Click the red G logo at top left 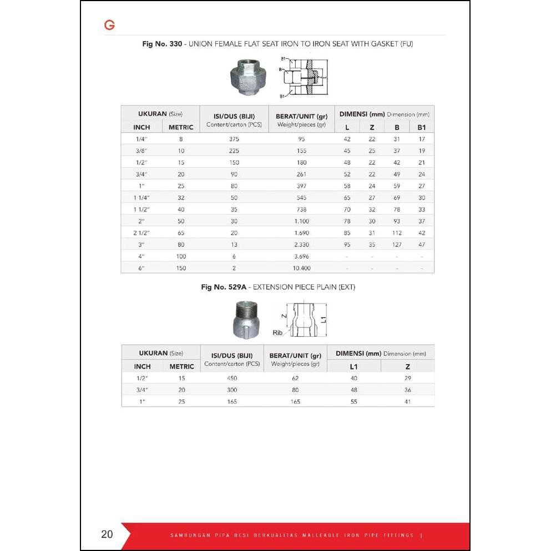[109, 25]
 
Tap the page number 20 [107, 534]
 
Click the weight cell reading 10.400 [301, 268]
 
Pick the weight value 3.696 [301, 256]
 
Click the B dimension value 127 [397, 245]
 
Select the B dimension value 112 [397, 233]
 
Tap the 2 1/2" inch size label [142, 233]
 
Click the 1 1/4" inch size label [142, 198]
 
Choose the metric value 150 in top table [181, 268]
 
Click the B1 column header [421, 127]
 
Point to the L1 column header [354, 366]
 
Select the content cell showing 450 [232, 378]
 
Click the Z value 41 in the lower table [407, 401]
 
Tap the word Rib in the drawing [278, 333]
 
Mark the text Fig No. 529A [225, 287]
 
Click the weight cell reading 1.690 [301, 233]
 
